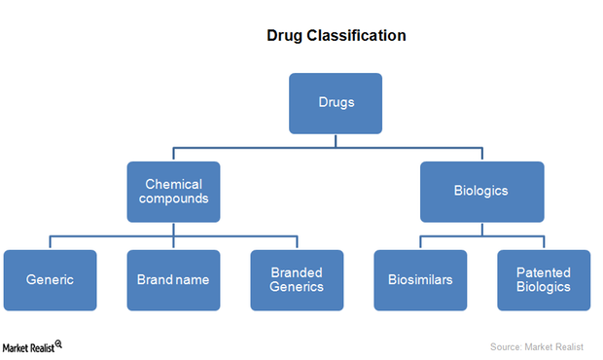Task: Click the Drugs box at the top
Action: (x=336, y=103)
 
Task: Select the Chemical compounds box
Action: (x=173, y=192)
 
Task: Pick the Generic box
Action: (x=50, y=280)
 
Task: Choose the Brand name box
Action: (x=173, y=280)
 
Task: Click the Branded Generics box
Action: (x=297, y=280)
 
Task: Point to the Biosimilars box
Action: (x=420, y=280)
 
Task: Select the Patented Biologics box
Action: (x=544, y=280)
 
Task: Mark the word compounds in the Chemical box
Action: (x=174, y=199)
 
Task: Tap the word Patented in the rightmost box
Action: (x=544, y=272)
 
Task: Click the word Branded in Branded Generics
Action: (x=297, y=272)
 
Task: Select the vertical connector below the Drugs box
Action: (x=336, y=141)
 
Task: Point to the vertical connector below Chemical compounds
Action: (x=173, y=229)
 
